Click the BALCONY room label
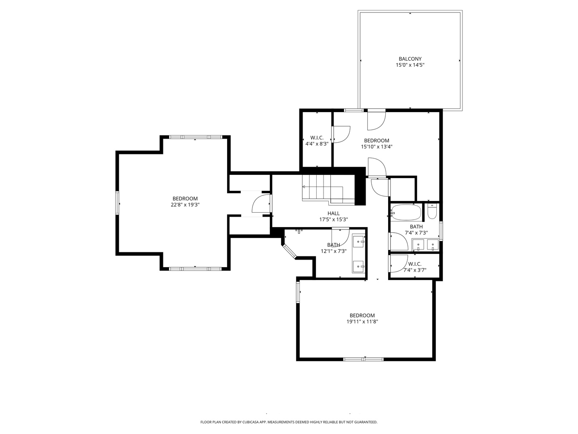[x=410, y=59]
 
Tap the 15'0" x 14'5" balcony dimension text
[x=410, y=65]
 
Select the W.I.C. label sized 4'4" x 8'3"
[x=317, y=137]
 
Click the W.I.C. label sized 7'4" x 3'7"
[x=415, y=264]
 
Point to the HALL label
[x=333, y=213]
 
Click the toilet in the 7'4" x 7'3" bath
[x=432, y=212]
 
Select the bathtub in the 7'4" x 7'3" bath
[x=406, y=212]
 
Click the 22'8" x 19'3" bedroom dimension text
[x=185, y=205]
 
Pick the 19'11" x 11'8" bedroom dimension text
[x=362, y=321]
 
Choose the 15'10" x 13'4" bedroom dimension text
[x=376, y=147]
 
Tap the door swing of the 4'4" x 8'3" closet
[x=341, y=134]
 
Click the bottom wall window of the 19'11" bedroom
[x=363, y=359]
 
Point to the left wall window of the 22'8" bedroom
[x=118, y=203]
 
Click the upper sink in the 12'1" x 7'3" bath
[x=358, y=242]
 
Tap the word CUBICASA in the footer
[x=247, y=422]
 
